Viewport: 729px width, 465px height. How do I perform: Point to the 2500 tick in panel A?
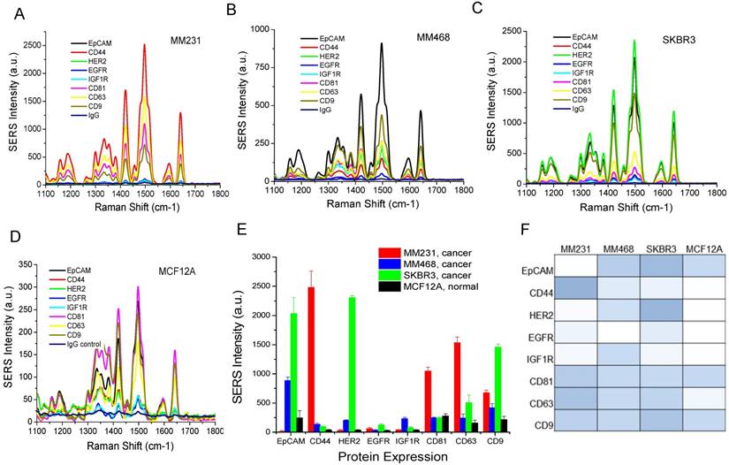click(30, 44)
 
